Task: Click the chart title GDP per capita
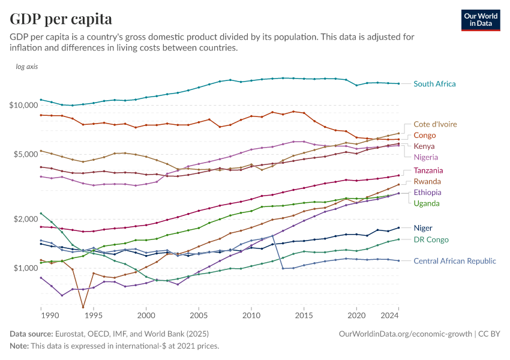tap(61, 19)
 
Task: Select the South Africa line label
tap(434, 84)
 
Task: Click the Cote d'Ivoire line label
tap(435, 124)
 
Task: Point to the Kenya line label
tap(424, 146)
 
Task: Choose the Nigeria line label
tap(426, 157)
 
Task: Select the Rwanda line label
tap(427, 181)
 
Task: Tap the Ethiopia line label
tap(428, 193)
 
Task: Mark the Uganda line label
tap(427, 203)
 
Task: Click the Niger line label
tap(423, 228)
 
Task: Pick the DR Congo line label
tap(431, 239)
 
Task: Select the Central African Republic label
tap(455, 261)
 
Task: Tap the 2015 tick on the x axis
tap(304, 315)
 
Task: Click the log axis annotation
tap(27, 67)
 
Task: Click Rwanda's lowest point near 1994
tap(83, 308)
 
